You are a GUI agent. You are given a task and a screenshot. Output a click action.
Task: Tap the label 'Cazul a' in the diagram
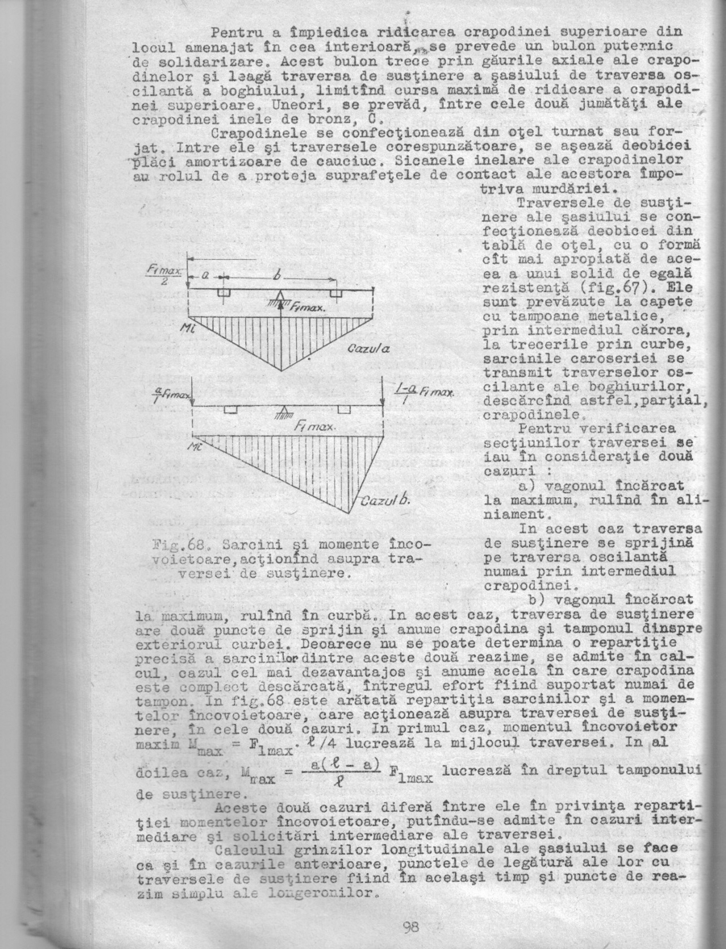click(x=369, y=348)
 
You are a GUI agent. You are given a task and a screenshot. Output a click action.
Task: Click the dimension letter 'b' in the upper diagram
click(x=277, y=276)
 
